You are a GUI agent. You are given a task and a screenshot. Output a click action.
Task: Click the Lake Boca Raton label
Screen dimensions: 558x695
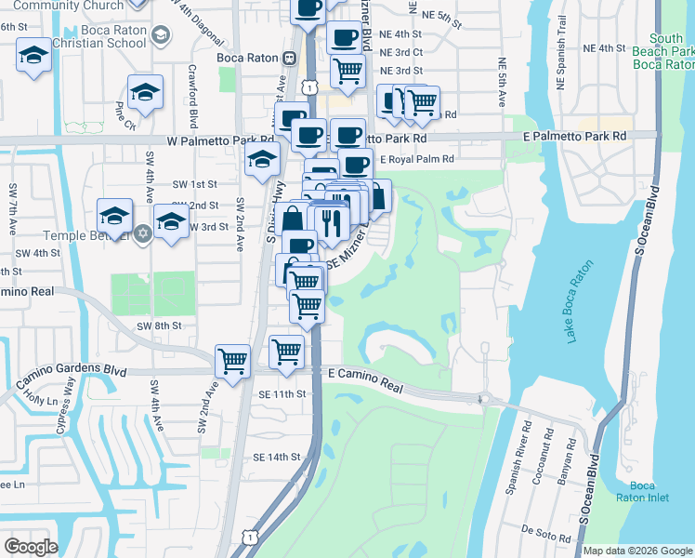tap(580, 302)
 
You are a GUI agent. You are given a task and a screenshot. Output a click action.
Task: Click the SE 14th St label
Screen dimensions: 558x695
tap(277, 457)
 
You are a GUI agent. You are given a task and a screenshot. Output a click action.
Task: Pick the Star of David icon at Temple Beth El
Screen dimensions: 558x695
tap(141, 231)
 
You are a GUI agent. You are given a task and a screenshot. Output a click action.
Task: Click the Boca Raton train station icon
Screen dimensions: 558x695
tap(290, 58)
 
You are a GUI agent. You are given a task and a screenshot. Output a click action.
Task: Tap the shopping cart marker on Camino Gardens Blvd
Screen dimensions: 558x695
tap(232, 360)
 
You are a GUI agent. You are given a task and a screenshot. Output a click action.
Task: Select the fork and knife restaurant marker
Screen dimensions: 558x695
tap(329, 222)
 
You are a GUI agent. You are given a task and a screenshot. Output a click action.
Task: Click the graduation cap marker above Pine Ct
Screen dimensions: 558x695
tap(145, 93)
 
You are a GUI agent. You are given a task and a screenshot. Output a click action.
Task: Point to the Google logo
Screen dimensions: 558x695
tap(31, 547)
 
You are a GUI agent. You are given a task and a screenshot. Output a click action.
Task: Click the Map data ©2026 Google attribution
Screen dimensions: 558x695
tap(636, 551)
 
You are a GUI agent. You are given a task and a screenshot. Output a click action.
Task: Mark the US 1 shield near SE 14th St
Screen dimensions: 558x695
tap(248, 537)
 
